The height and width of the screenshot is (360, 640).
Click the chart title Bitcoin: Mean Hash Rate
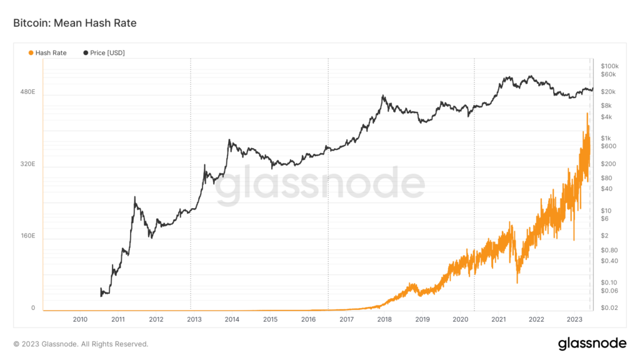click(x=75, y=23)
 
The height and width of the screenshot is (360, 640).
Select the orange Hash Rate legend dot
click(x=31, y=53)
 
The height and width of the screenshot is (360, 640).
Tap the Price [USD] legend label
click(x=107, y=53)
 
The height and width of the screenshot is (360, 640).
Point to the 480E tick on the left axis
click(x=28, y=92)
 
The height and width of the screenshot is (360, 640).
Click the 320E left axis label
click(x=28, y=164)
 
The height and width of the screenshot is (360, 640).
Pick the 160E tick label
click(x=28, y=236)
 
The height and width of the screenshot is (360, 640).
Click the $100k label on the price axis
click(x=609, y=66)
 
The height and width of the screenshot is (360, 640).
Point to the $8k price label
click(x=606, y=105)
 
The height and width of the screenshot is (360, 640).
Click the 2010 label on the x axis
click(x=80, y=319)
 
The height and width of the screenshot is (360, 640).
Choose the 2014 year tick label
click(x=232, y=319)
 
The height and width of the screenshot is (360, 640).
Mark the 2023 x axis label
click(x=574, y=319)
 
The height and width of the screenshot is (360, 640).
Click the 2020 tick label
click(x=460, y=319)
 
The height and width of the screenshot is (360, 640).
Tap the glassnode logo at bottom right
click(x=592, y=343)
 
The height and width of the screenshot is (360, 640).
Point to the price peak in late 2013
click(x=229, y=140)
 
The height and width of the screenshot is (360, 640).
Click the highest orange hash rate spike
click(x=587, y=114)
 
